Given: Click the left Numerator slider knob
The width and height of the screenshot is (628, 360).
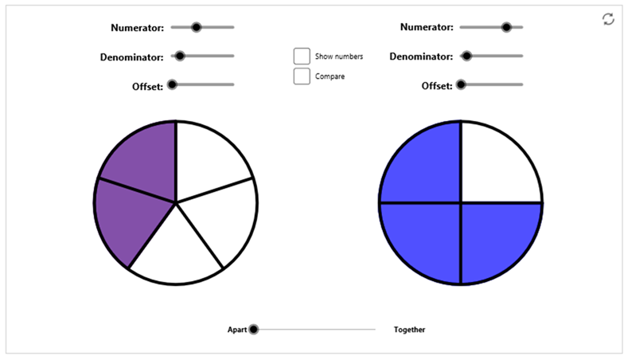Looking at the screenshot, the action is [x=196, y=27].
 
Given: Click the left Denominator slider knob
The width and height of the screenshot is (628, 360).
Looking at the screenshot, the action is [x=180, y=56].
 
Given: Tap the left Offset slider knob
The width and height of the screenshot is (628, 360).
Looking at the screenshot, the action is [x=172, y=84].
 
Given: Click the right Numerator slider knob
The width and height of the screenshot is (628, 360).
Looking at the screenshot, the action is [x=507, y=27].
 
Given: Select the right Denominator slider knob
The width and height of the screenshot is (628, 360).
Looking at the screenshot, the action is [x=466, y=56].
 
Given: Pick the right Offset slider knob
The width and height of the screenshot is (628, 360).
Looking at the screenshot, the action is [x=461, y=84].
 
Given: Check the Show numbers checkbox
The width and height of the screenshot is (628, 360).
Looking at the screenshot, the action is [x=302, y=56].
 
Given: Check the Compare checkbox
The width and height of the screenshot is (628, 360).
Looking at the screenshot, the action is [x=302, y=76].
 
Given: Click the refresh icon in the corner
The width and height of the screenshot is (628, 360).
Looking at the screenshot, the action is [x=608, y=19].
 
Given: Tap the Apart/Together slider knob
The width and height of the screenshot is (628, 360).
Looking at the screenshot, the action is [x=254, y=330].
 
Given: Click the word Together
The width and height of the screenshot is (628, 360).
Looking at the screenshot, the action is [x=409, y=330].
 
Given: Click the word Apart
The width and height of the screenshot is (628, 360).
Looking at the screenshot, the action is [x=237, y=330].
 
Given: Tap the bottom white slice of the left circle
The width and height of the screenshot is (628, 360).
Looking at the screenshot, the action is [x=176, y=252].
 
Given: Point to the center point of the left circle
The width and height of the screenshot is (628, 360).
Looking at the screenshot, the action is [x=176, y=203].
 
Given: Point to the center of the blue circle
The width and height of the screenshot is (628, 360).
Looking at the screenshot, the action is [x=461, y=203].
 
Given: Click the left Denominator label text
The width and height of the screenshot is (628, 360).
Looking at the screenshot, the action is [x=132, y=57].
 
